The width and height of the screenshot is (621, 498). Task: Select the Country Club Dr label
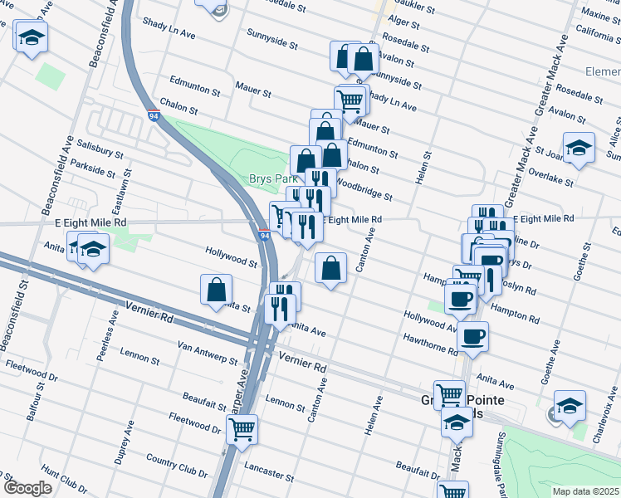point(176,466)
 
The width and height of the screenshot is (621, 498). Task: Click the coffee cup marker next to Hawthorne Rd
point(472,335)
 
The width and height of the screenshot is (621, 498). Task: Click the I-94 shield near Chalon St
point(154,115)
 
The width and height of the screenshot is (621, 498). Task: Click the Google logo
point(27,488)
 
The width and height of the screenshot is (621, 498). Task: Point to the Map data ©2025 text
point(586,491)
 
